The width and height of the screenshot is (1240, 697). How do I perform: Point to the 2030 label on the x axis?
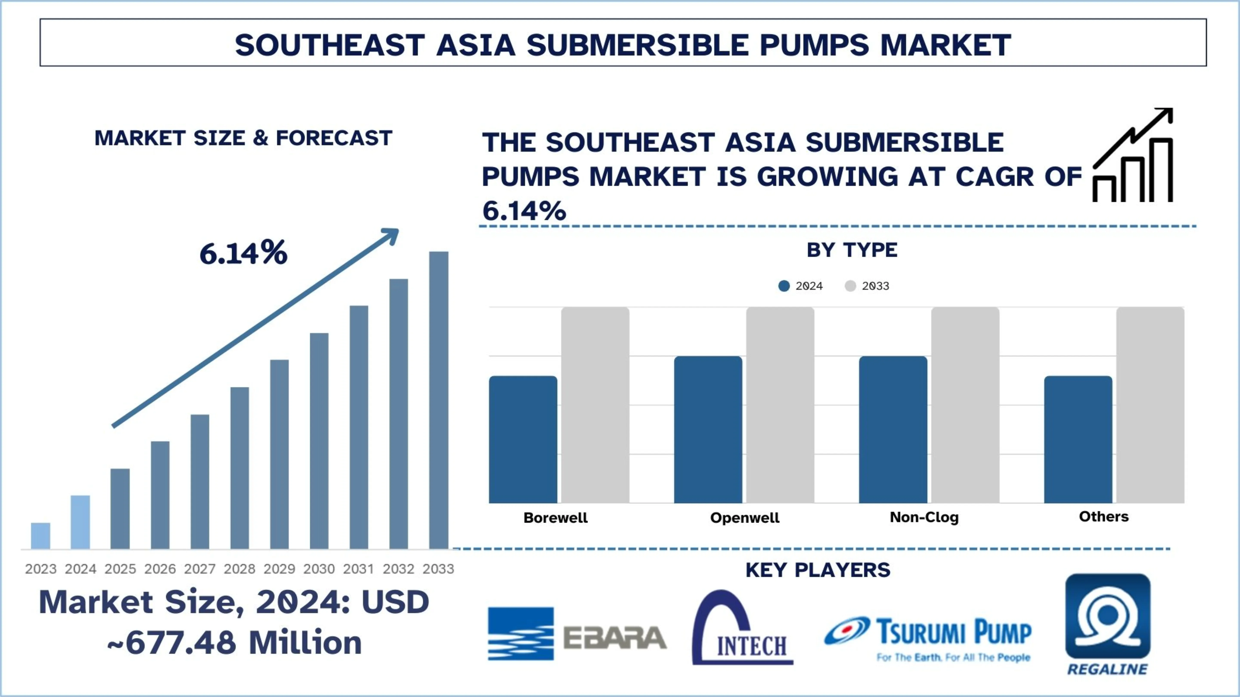click(x=319, y=569)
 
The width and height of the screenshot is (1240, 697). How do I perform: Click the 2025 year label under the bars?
click(x=120, y=569)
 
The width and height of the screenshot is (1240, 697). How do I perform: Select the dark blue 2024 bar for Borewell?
click(x=523, y=439)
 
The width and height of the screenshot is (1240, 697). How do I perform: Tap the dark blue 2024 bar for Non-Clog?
click(x=893, y=430)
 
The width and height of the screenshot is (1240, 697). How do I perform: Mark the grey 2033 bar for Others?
click(x=1150, y=405)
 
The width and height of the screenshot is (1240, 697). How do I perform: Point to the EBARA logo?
click(x=577, y=634)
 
